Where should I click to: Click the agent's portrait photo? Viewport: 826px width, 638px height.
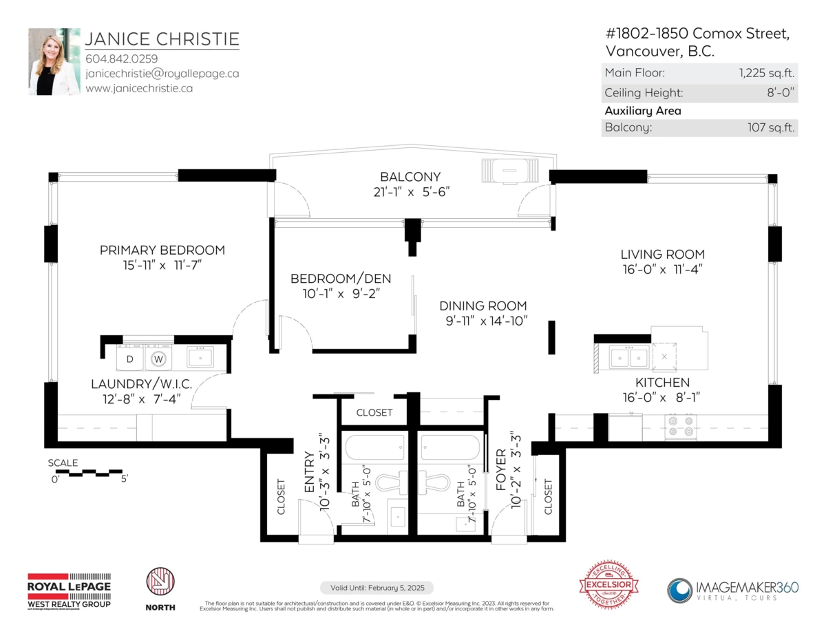point(54,61)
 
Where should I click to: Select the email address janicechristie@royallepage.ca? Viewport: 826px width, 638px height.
point(162,73)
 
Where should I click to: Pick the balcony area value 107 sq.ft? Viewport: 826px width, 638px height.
point(771,127)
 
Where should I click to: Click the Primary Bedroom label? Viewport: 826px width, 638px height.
point(162,250)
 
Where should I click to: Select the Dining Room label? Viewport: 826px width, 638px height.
point(483,306)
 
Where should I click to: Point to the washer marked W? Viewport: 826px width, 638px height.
point(158,359)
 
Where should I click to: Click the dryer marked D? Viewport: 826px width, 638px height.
point(129,359)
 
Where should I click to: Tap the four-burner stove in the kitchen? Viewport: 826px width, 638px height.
point(681,426)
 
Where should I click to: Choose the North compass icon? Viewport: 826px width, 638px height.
point(160,583)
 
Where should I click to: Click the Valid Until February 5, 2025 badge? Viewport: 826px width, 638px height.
point(377,588)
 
